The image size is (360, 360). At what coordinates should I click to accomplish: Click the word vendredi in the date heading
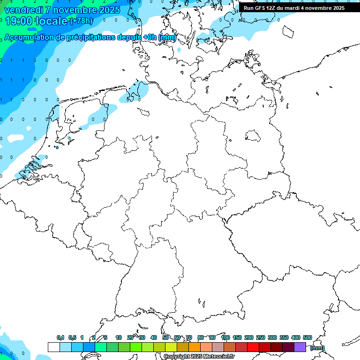[23, 10]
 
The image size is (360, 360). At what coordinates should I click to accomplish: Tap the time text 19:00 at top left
[18, 21]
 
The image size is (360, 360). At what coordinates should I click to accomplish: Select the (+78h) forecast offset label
[81, 21]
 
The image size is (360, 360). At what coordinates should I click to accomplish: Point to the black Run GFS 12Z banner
[294, 7]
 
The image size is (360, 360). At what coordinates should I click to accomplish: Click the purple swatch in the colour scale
[300, 347]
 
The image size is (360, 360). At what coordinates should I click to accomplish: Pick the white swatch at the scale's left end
[53, 347]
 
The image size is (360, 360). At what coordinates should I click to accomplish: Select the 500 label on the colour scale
[307, 337]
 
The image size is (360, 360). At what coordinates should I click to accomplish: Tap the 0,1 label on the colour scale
[60, 337]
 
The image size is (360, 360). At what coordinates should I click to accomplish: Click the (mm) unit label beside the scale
[317, 348]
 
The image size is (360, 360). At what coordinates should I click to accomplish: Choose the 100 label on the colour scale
[225, 337]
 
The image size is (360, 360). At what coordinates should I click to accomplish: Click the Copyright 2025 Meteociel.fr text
[199, 357]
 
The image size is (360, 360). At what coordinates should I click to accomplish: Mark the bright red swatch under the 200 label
[253, 347]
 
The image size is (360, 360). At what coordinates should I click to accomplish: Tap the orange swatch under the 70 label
[195, 347]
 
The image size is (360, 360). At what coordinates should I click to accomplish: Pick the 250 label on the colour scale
[261, 337]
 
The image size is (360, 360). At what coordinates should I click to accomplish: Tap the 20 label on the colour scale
[130, 337]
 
